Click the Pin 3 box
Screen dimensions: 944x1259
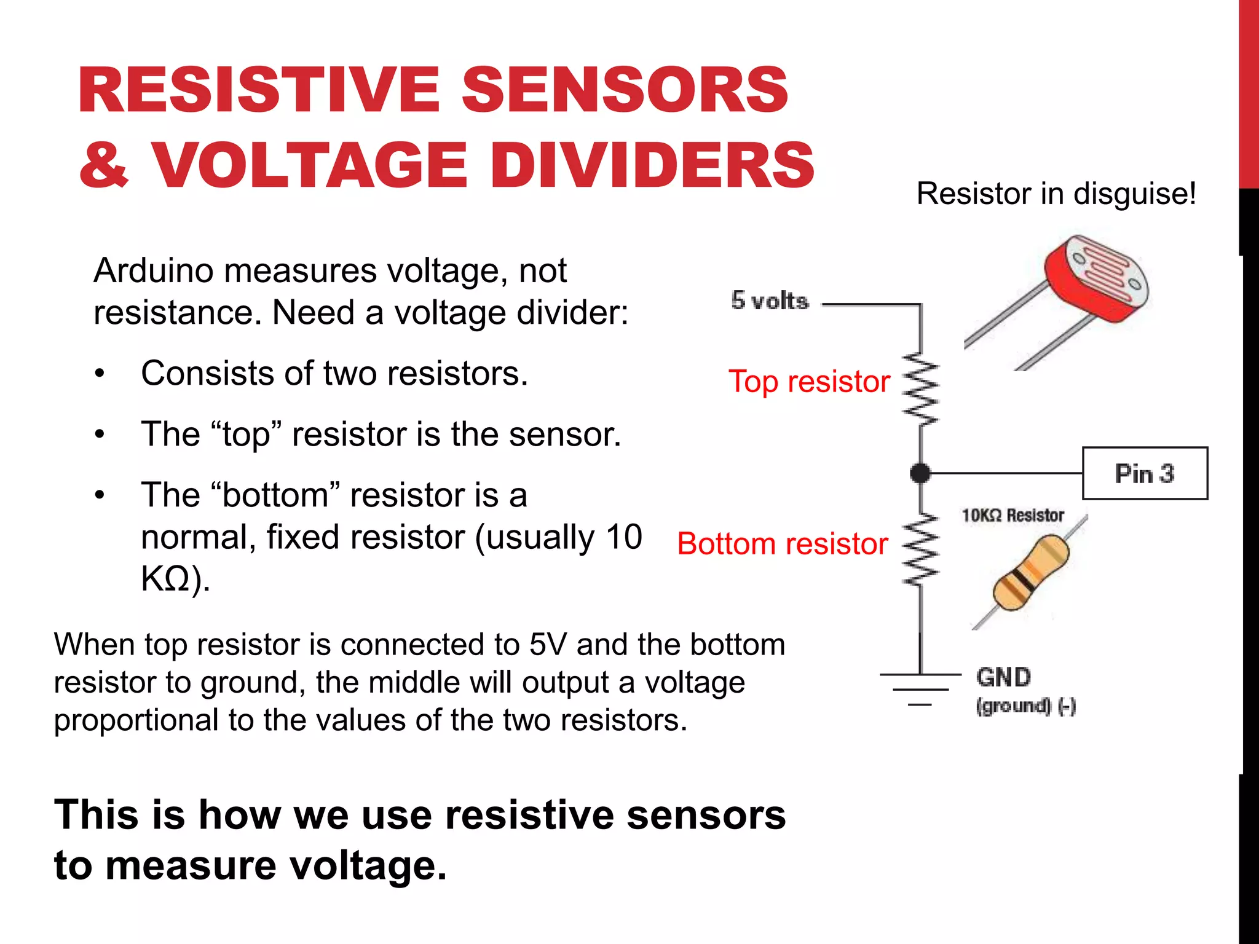coord(1145,473)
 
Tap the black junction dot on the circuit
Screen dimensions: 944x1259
coord(920,473)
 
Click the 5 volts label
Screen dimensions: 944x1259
coord(770,301)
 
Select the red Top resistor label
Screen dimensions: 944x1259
coord(809,382)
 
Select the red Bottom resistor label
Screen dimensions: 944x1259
coord(782,544)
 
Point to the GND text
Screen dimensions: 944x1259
coord(1003,677)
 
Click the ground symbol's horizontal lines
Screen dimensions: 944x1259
coord(920,688)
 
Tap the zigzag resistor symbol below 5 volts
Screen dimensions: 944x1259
coord(920,389)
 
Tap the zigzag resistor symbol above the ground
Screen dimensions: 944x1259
coord(920,550)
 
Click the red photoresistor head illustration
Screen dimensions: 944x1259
coord(1097,278)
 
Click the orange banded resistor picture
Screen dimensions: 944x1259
coord(1032,572)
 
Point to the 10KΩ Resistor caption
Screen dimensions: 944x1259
coord(1012,515)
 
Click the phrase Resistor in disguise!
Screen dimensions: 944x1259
coord(1056,194)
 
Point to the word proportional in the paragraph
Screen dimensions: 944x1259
coord(136,720)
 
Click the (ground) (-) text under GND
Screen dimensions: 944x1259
coord(1025,706)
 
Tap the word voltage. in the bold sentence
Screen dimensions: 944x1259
coord(368,865)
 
